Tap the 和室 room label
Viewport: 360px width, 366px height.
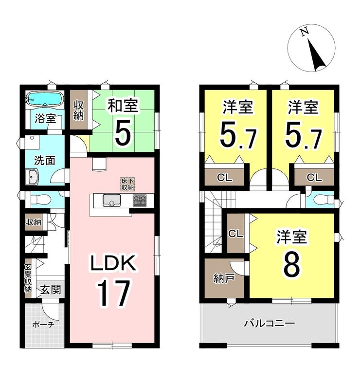123,106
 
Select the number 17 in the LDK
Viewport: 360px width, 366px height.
113,293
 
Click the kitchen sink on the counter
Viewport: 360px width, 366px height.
111,200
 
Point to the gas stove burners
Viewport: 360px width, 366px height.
140,200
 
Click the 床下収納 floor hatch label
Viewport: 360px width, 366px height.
127,183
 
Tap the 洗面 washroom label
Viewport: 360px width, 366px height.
45,161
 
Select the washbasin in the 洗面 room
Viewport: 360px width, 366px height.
32,177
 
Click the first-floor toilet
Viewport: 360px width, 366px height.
40,200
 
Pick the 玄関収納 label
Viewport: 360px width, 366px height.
28,278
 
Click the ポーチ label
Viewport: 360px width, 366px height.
43,324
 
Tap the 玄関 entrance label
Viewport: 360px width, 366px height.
51,290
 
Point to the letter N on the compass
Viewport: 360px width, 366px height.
304,32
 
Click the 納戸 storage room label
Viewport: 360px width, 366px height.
224,278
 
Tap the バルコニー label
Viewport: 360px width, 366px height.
269,324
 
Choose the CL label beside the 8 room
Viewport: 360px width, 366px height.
235,234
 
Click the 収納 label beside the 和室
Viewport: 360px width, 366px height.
79,111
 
